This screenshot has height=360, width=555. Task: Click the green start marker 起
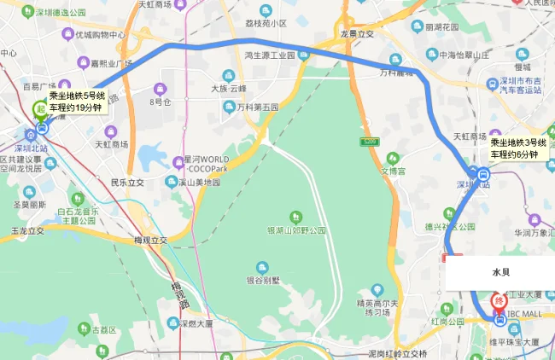click(x=39, y=109)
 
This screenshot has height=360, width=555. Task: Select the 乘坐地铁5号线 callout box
click(x=76, y=102)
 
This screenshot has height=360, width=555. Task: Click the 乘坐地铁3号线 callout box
click(x=519, y=148)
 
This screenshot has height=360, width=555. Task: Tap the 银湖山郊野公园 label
click(x=296, y=230)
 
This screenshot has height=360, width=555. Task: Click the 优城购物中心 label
click(x=100, y=35)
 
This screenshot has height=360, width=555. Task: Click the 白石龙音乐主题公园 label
click(x=78, y=214)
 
